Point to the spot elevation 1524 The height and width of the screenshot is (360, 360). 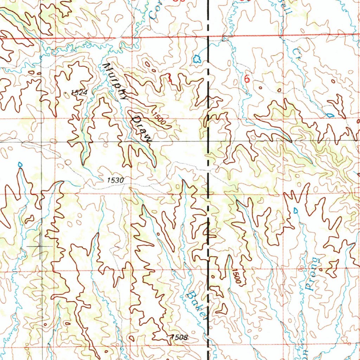(x=78, y=92)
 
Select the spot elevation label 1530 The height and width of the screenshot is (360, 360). (x=116, y=180)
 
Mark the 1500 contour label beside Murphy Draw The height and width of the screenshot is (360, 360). (x=159, y=119)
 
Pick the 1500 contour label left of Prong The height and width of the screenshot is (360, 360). (x=237, y=276)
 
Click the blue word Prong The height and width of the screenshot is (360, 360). (x=313, y=274)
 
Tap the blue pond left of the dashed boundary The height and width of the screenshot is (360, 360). (x=197, y=58)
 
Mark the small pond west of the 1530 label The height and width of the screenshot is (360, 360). (x=20, y=164)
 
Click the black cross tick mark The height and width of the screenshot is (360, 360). (x=40, y=246)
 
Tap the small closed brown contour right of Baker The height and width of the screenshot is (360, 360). (x=221, y=309)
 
